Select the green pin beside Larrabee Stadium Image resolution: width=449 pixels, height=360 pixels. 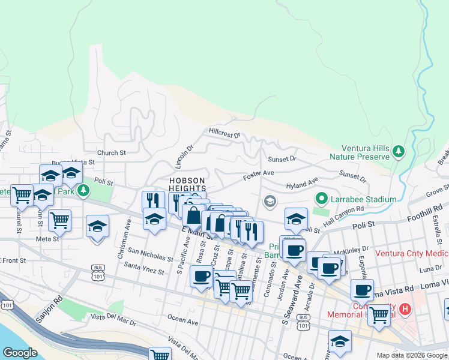[321, 199]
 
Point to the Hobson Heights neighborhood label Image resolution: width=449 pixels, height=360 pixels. [187, 184]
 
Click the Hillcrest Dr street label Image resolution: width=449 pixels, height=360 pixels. [224, 132]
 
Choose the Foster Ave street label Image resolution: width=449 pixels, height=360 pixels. [258, 175]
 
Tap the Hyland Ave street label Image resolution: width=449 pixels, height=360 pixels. [302, 185]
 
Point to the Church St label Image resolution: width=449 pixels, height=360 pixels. [111, 153]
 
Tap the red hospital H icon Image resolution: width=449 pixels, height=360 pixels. [405, 310]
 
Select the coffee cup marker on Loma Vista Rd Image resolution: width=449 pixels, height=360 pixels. [362, 290]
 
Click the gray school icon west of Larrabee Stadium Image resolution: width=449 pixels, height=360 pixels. [270, 200]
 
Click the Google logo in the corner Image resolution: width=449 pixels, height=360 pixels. [20, 353]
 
